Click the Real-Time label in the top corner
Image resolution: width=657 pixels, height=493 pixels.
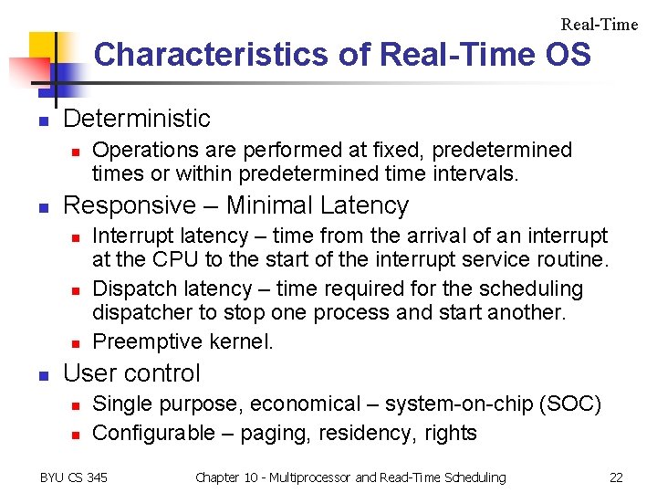pos(599,25)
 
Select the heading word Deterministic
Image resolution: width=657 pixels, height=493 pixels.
pos(137,119)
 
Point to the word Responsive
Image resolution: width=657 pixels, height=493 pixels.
pos(130,205)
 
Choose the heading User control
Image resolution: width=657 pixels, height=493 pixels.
pos(132,373)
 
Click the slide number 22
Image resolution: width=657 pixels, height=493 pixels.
pos(616,477)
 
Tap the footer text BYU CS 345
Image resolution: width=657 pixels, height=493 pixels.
pos(74,477)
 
